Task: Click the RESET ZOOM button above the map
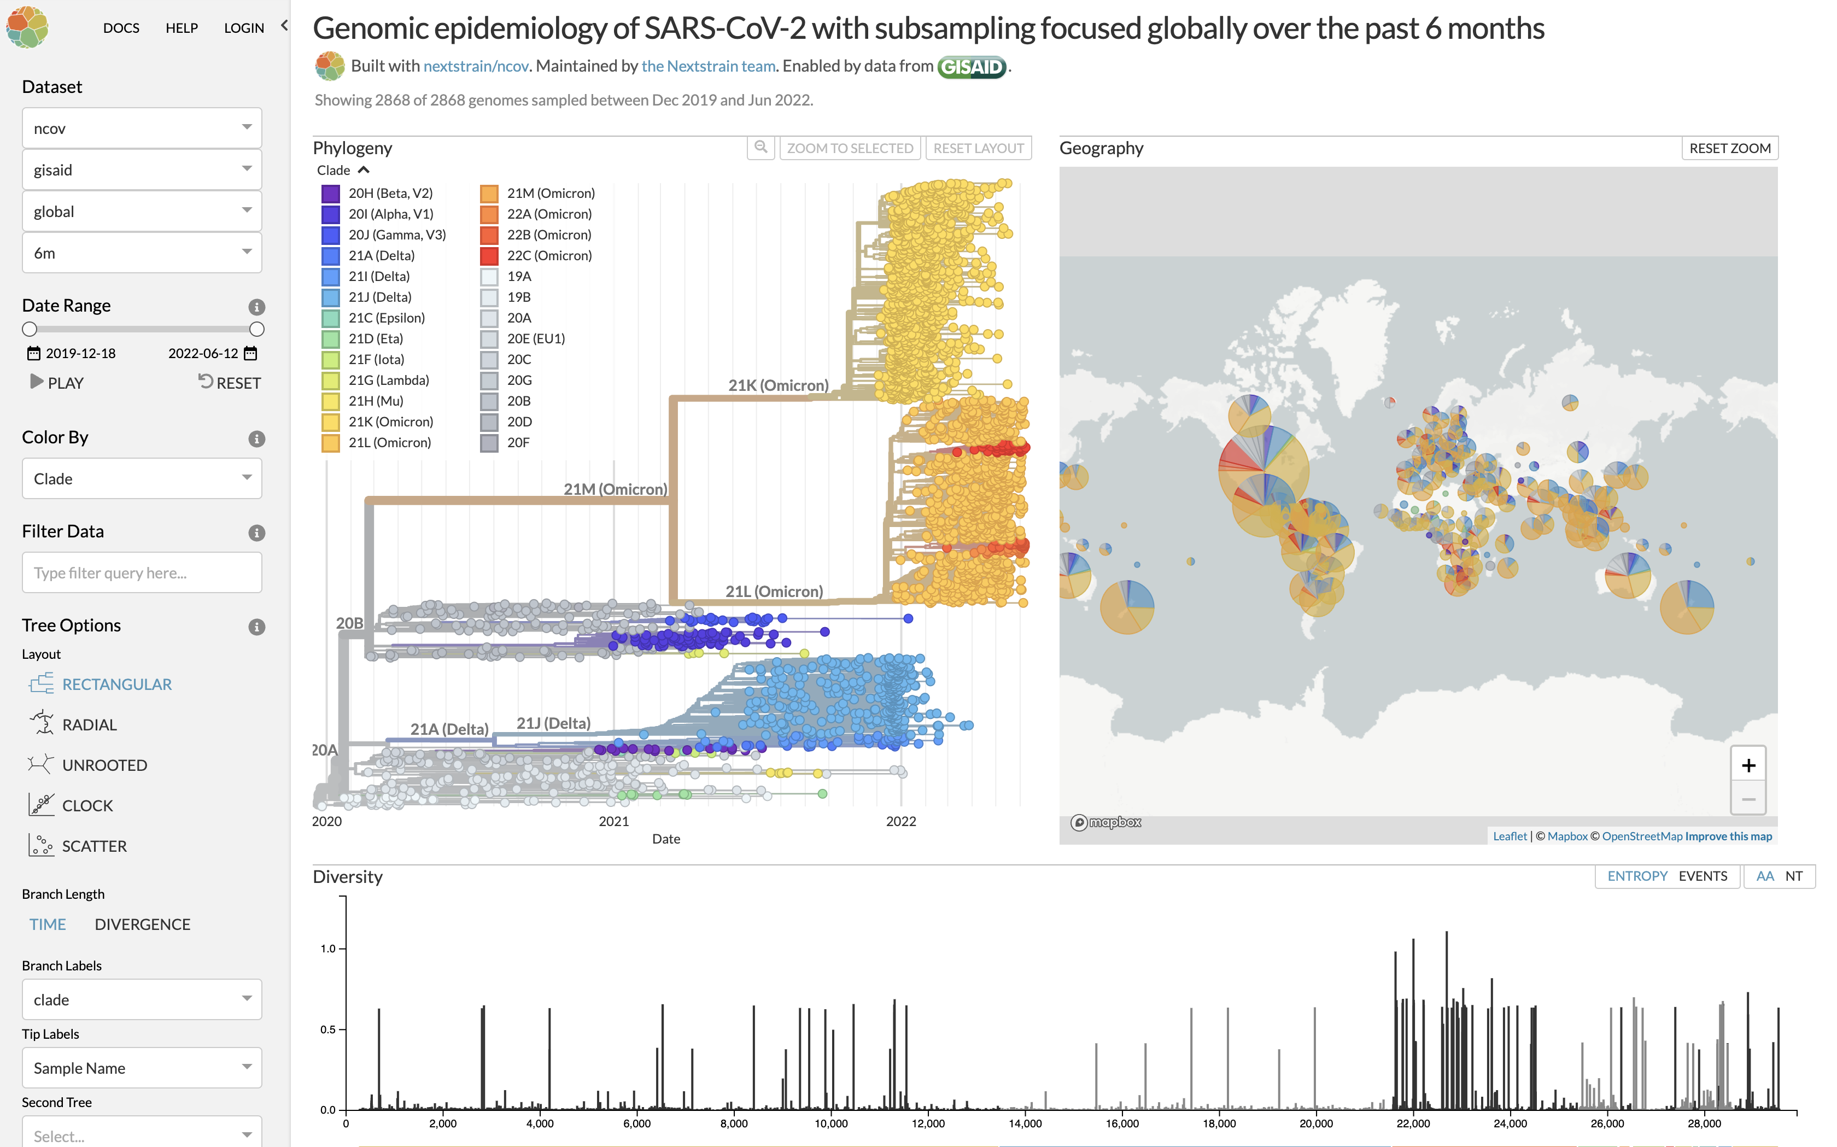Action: click(1729, 149)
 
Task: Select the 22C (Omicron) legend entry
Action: click(548, 256)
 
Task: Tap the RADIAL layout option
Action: click(89, 724)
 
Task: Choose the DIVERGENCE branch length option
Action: click(142, 924)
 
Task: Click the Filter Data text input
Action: click(142, 573)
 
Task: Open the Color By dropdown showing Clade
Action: click(142, 479)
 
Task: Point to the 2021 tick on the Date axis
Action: click(613, 821)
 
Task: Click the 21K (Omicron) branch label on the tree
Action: click(777, 385)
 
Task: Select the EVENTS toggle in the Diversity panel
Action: click(1702, 876)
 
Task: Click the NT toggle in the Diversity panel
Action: click(1793, 876)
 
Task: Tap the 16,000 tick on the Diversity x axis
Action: click(1122, 1123)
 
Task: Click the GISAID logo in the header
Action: click(972, 67)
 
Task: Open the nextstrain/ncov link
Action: click(476, 67)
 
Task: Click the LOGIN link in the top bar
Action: click(243, 28)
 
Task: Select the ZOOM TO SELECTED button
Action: click(850, 149)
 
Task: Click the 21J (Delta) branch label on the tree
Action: click(553, 723)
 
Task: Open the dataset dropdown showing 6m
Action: click(142, 253)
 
